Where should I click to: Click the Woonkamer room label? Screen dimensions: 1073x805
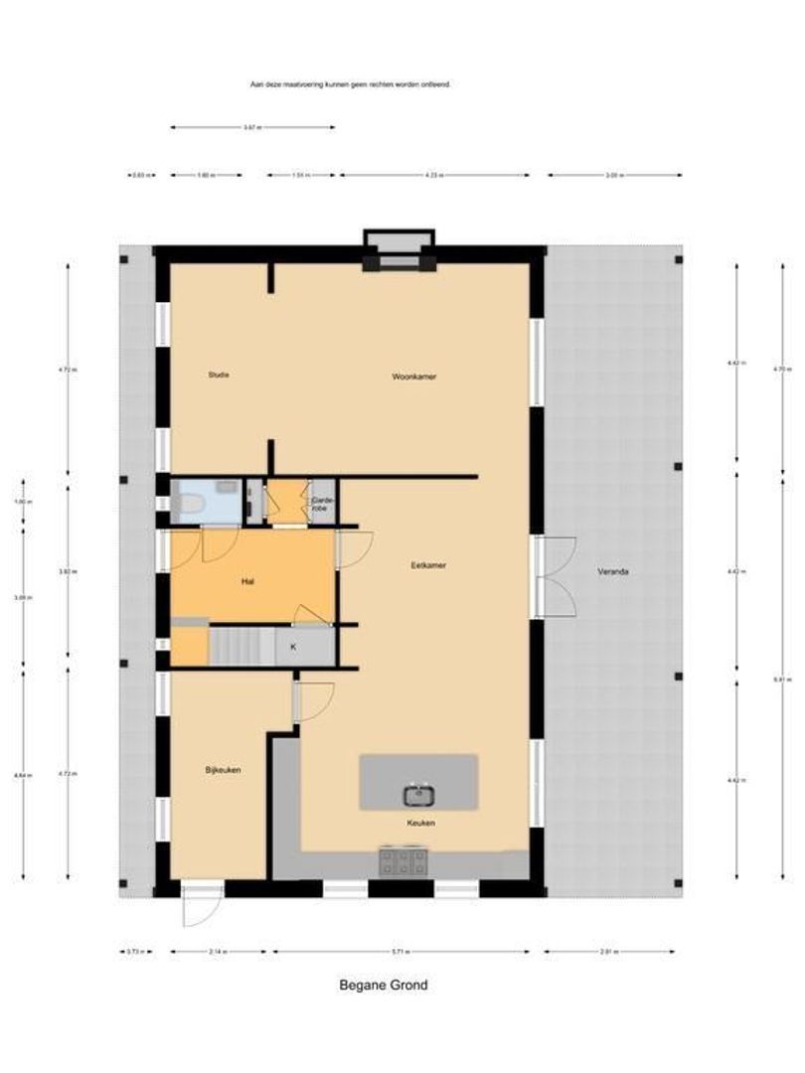click(x=414, y=377)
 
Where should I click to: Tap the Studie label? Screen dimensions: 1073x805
click(x=219, y=375)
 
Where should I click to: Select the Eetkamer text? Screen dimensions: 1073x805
click(x=428, y=565)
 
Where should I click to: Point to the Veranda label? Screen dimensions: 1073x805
click(x=613, y=572)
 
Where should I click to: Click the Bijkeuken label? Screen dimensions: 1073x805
click(x=224, y=770)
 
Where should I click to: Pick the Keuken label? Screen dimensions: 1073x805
click(x=420, y=824)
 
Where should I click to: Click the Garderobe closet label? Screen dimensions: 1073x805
click(x=322, y=503)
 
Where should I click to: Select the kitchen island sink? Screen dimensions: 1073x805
click(x=417, y=793)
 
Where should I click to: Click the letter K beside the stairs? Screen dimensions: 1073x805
click(x=292, y=647)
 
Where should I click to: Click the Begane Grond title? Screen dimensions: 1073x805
click(x=384, y=986)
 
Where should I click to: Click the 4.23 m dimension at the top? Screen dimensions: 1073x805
click(x=433, y=175)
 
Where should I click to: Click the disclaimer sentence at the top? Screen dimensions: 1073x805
click(x=351, y=85)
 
